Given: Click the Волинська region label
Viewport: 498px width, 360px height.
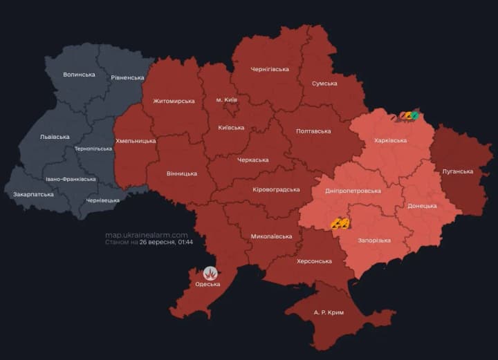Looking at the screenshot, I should click(x=79, y=74).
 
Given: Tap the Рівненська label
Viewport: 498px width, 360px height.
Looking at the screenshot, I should click(x=127, y=77).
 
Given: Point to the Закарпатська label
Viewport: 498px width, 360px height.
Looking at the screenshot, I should click(x=33, y=194).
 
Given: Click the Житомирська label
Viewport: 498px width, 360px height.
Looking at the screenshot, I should click(x=173, y=101).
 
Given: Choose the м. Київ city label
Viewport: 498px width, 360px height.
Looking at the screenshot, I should click(x=226, y=100).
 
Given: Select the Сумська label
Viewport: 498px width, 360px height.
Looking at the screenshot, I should click(x=324, y=83).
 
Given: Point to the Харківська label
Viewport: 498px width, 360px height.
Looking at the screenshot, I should click(x=390, y=140).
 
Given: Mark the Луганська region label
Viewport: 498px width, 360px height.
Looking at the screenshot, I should click(x=457, y=171).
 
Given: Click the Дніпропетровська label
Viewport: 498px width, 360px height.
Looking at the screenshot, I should click(x=353, y=191).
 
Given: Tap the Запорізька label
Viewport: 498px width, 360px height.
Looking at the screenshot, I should click(x=373, y=240).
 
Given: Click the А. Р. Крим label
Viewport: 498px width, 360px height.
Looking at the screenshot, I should click(x=328, y=312).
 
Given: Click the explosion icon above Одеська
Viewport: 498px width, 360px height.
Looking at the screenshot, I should click(x=210, y=273).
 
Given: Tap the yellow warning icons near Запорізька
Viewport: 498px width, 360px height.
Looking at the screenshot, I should click(x=340, y=223).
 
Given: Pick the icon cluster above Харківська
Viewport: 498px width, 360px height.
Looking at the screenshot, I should click(x=409, y=116).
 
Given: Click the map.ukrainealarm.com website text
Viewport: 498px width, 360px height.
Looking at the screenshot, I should click(x=146, y=234).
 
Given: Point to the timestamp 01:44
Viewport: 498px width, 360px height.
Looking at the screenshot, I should click(x=185, y=243).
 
